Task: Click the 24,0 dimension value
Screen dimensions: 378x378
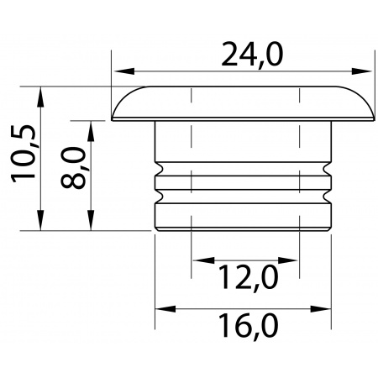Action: [x=252, y=55]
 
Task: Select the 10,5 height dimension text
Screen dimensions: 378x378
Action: [x=24, y=154]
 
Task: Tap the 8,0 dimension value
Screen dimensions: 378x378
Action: [x=73, y=167]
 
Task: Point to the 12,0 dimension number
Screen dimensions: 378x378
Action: [x=248, y=278]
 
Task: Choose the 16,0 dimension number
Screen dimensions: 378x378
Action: [x=248, y=326]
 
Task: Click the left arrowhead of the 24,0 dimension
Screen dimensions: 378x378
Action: [x=124, y=71]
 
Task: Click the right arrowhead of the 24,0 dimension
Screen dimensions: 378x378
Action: [x=362, y=71]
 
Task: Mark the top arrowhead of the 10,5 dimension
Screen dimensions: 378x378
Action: [x=41, y=97]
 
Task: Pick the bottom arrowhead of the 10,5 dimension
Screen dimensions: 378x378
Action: [x=41, y=220]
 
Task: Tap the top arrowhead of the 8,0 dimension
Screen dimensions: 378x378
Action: [x=91, y=131]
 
